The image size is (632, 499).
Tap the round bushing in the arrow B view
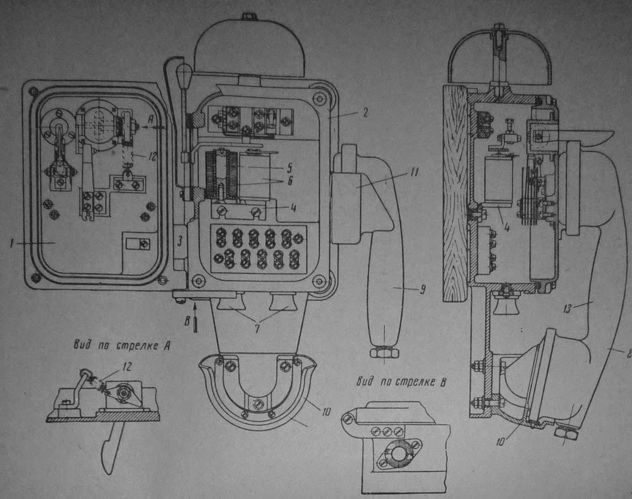[396, 452]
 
